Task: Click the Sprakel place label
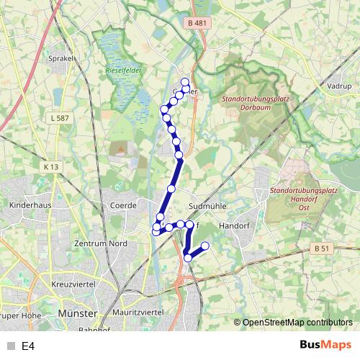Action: (60, 58)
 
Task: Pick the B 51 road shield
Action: (323, 248)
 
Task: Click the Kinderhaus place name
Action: (28, 205)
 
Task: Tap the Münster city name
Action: (77, 315)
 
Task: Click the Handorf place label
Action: (233, 225)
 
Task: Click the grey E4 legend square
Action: (9, 346)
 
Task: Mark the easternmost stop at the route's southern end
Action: (204, 246)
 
